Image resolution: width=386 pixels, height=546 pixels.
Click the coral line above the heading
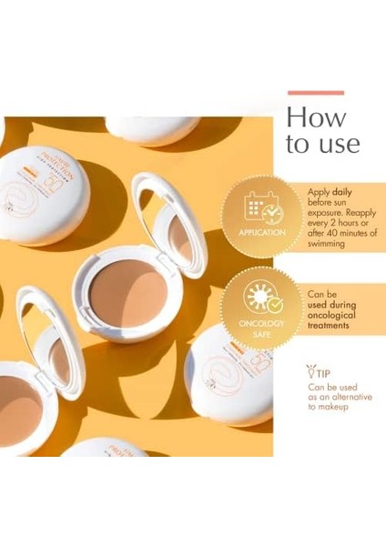(x=316, y=92)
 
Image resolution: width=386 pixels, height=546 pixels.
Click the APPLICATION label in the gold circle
(x=262, y=232)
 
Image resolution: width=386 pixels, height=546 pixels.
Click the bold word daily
(x=341, y=192)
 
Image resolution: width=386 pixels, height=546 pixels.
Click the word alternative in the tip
(x=347, y=398)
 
